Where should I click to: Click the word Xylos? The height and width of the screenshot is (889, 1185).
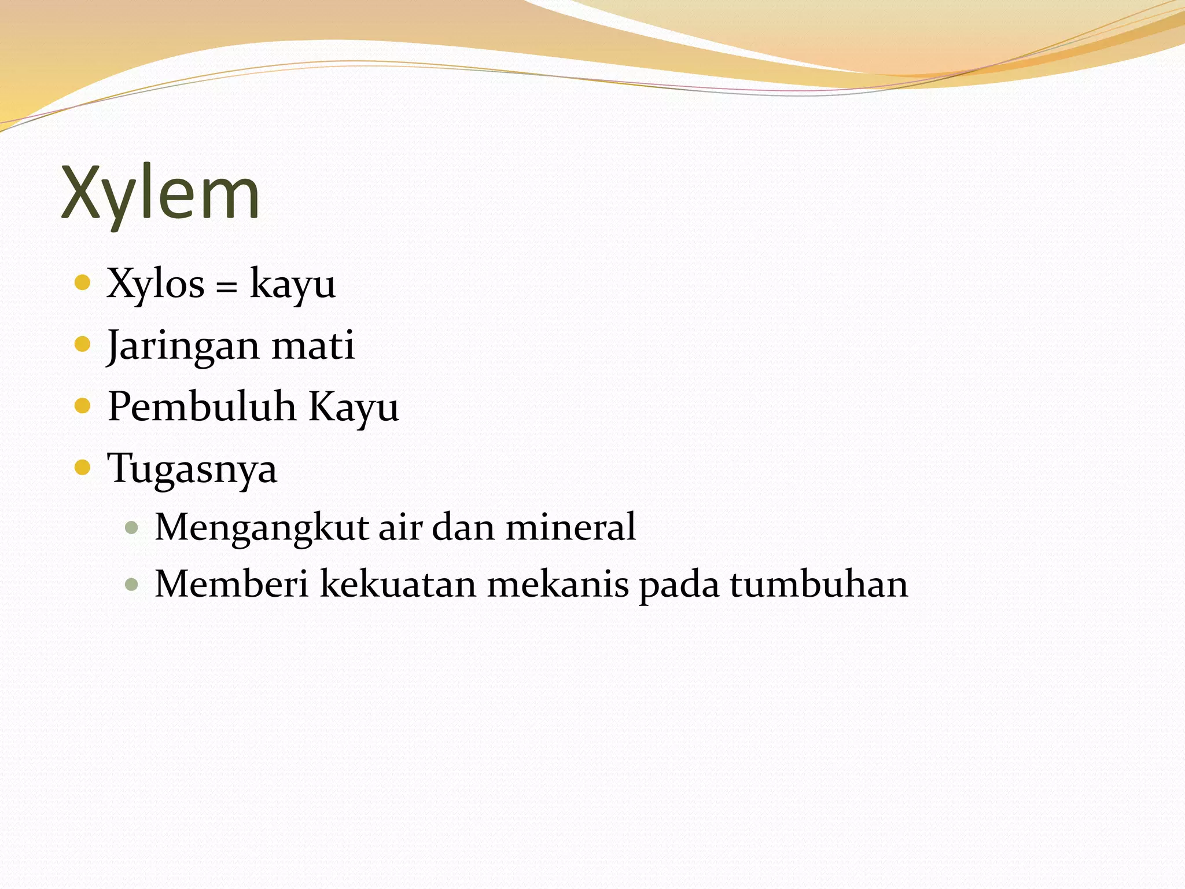pyautogui.click(x=156, y=284)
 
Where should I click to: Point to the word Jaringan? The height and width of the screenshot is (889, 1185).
pyautogui.click(x=182, y=346)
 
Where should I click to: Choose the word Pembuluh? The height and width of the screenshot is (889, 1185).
pyautogui.click(x=201, y=407)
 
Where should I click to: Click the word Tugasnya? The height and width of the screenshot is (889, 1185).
pyautogui.click(x=192, y=469)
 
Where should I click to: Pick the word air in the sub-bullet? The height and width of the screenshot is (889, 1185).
pyautogui.click(x=398, y=528)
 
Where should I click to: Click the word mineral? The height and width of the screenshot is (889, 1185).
pyautogui.click(x=571, y=527)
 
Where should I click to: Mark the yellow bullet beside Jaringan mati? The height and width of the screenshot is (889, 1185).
pyautogui.click(x=83, y=344)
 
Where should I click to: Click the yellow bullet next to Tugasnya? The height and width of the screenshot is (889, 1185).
pyautogui.click(x=83, y=467)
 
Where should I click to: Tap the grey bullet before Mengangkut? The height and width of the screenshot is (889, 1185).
pyautogui.click(x=132, y=527)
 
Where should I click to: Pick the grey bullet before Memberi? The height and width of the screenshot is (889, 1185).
pyautogui.click(x=132, y=583)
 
